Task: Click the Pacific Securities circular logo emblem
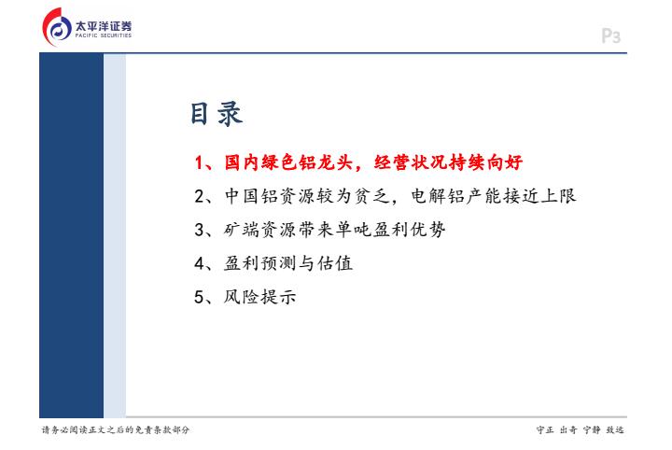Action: click(x=57, y=27)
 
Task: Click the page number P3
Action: click(x=610, y=36)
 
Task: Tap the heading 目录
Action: click(x=217, y=114)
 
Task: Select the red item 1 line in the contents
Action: click(x=358, y=162)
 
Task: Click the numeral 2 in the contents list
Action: click(x=200, y=196)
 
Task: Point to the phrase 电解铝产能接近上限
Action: click(x=494, y=196)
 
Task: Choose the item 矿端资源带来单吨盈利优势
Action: click(x=335, y=230)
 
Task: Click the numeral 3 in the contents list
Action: click(x=200, y=231)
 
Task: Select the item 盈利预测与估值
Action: click(x=288, y=263)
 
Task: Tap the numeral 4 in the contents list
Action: click(x=200, y=263)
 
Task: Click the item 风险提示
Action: click(x=259, y=297)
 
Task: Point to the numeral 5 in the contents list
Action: click(x=200, y=297)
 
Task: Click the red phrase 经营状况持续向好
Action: click(x=448, y=162)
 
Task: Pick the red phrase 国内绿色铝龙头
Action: click(x=288, y=162)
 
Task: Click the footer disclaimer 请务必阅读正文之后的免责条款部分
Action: click(x=116, y=429)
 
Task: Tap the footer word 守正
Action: click(x=545, y=429)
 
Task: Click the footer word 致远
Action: click(x=615, y=429)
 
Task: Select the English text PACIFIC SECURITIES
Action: click(x=104, y=35)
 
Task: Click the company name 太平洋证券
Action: click(x=104, y=26)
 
